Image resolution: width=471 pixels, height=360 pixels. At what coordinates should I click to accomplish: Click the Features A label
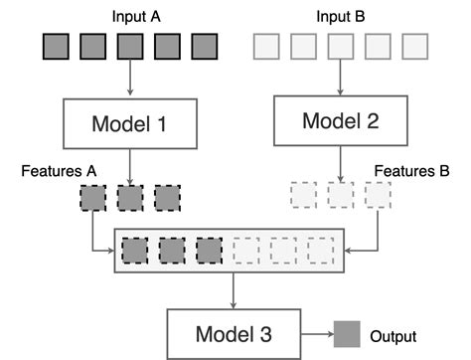click(x=58, y=170)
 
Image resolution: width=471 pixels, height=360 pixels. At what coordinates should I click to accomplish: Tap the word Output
click(x=392, y=336)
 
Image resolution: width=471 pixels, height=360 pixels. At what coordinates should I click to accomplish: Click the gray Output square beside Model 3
click(x=347, y=334)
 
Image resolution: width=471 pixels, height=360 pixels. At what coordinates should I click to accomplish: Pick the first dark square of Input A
click(x=55, y=47)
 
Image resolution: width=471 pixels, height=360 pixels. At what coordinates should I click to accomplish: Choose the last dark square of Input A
click(x=204, y=47)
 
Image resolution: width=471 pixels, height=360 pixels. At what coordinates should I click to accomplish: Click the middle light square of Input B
click(x=341, y=47)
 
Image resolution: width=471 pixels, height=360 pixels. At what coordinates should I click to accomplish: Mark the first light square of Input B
click(x=267, y=47)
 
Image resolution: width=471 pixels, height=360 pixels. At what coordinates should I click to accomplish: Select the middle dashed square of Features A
click(x=130, y=198)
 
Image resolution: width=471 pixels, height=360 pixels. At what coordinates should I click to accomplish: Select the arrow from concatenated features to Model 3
click(x=232, y=288)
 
